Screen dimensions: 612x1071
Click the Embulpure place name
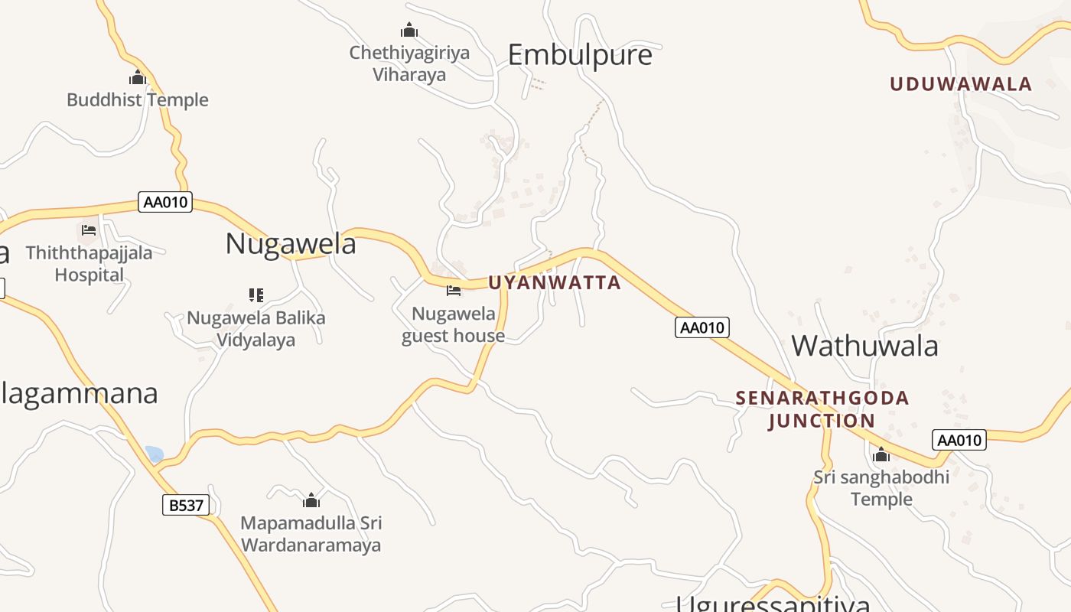click(580, 55)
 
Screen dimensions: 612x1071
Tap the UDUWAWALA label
click(961, 84)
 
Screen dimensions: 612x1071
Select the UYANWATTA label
click(555, 283)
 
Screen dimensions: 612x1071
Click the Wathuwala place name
click(864, 346)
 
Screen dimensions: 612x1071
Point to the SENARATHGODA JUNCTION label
click(822, 409)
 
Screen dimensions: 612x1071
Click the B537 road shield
click(186, 505)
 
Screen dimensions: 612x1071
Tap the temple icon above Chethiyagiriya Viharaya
click(409, 31)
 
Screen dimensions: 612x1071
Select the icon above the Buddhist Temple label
click(138, 77)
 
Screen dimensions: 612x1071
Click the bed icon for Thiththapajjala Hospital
click(89, 229)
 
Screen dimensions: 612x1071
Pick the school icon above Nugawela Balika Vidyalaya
click(256, 295)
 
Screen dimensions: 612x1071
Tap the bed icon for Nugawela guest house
click(454, 291)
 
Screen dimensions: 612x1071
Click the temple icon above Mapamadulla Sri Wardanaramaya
click(311, 500)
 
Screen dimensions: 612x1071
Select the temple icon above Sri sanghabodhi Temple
click(881, 455)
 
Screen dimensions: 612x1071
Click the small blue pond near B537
click(155, 454)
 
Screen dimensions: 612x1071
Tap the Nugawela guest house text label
click(454, 325)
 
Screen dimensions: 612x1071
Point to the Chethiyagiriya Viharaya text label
click(409, 63)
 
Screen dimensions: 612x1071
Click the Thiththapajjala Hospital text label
click(89, 264)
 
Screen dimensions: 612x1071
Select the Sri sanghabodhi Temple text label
click(881, 488)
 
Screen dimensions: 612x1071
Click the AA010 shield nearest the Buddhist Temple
click(165, 203)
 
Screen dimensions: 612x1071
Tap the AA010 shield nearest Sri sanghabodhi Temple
click(959, 440)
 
